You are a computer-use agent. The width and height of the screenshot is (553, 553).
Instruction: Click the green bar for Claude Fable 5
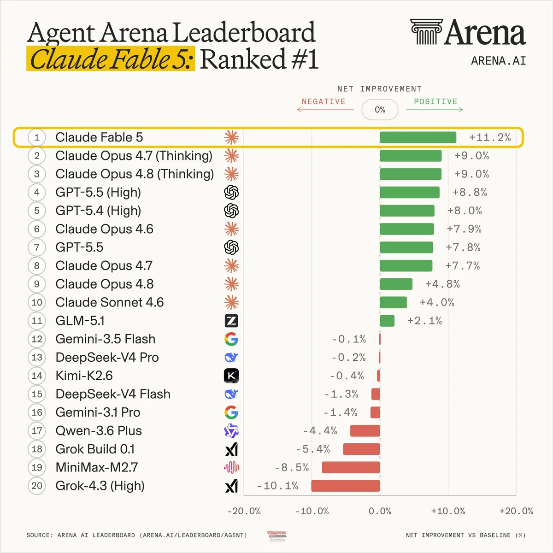pyautogui.click(x=418, y=137)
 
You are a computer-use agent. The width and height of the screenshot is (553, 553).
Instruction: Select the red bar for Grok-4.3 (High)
pyautogui.click(x=346, y=486)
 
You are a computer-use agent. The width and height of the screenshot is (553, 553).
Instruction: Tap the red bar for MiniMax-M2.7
pyautogui.click(x=351, y=467)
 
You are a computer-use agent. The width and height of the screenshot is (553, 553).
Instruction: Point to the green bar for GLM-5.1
pyautogui.click(x=387, y=321)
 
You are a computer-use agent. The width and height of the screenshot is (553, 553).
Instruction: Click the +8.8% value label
pyautogui.click(x=470, y=192)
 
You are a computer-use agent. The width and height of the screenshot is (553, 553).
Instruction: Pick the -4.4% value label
pyautogui.click(x=320, y=431)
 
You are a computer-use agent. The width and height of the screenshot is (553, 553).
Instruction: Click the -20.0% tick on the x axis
pyautogui.click(x=244, y=511)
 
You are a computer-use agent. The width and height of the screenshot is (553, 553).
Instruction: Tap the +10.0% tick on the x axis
pyautogui.click(x=448, y=511)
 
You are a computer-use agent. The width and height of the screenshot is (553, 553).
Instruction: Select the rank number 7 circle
pyautogui.click(x=37, y=247)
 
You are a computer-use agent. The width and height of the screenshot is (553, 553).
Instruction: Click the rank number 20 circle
pyautogui.click(x=37, y=486)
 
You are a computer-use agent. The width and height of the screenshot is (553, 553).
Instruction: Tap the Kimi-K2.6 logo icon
pyautogui.click(x=231, y=376)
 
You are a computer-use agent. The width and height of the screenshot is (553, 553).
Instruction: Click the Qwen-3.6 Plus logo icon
pyautogui.click(x=231, y=431)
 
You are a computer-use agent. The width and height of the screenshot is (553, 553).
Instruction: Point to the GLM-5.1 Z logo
pyautogui.click(x=231, y=321)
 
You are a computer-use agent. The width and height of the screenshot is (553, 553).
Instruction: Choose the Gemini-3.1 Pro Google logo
pyautogui.click(x=231, y=412)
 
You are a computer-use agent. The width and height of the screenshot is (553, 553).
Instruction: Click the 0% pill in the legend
pyautogui.click(x=380, y=110)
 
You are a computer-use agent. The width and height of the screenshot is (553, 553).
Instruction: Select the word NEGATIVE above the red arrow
pyautogui.click(x=324, y=101)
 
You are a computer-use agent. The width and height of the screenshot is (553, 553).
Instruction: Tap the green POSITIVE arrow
pyautogui.click(x=435, y=109)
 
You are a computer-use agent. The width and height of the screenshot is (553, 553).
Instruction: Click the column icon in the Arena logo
pyautogui.click(x=426, y=32)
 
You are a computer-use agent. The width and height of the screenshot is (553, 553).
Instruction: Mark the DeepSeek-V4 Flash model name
pyautogui.click(x=113, y=394)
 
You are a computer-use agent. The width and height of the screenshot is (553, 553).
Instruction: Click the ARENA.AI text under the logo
pyautogui.click(x=499, y=61)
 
